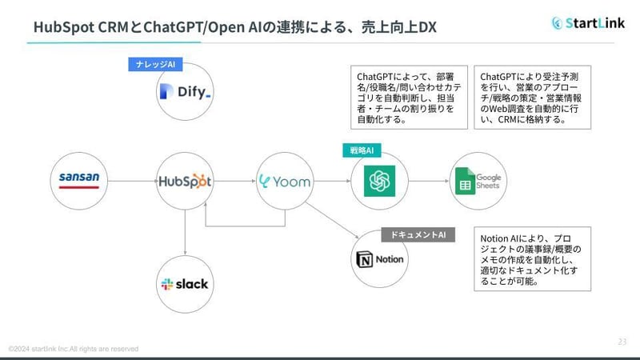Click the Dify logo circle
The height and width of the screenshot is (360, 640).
[x=185, y=94]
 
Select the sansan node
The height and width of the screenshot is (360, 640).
[x=78, y=180]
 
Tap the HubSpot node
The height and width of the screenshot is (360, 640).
[x=185, y=181]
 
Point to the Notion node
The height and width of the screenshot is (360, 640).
[x=380, y=259]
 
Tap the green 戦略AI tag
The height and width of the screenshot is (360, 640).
[x=362, y=150]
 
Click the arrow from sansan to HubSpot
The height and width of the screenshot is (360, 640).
[x=131, y=181]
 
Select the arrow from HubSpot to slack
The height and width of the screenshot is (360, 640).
[x=185, y=232]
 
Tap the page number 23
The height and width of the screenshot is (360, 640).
[x=622, y=341]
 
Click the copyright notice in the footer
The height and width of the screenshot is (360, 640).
[x=73, y=349]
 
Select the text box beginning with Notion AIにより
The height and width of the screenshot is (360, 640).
[x=534, y=259]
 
